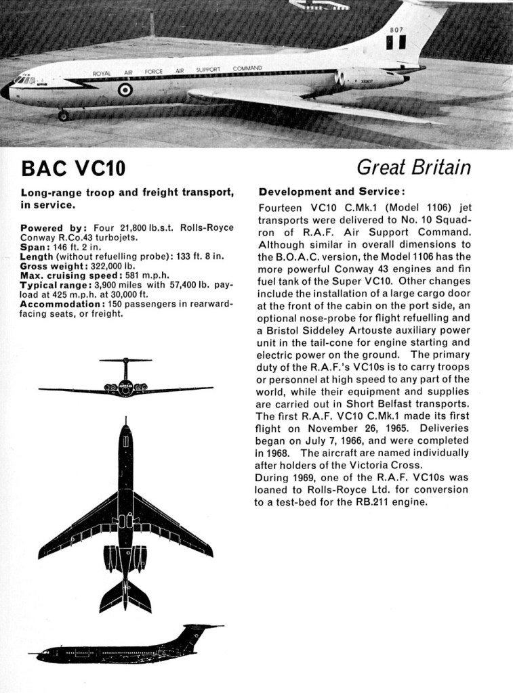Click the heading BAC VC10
click(73, 168)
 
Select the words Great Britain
click(413, 166)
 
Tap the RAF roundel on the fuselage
click(125, 89)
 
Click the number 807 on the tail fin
click(396, 30)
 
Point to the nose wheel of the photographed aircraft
click(63, 116)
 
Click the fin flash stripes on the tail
click(396, 43)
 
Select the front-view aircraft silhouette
click(125, 379)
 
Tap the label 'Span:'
click(34, 247)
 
